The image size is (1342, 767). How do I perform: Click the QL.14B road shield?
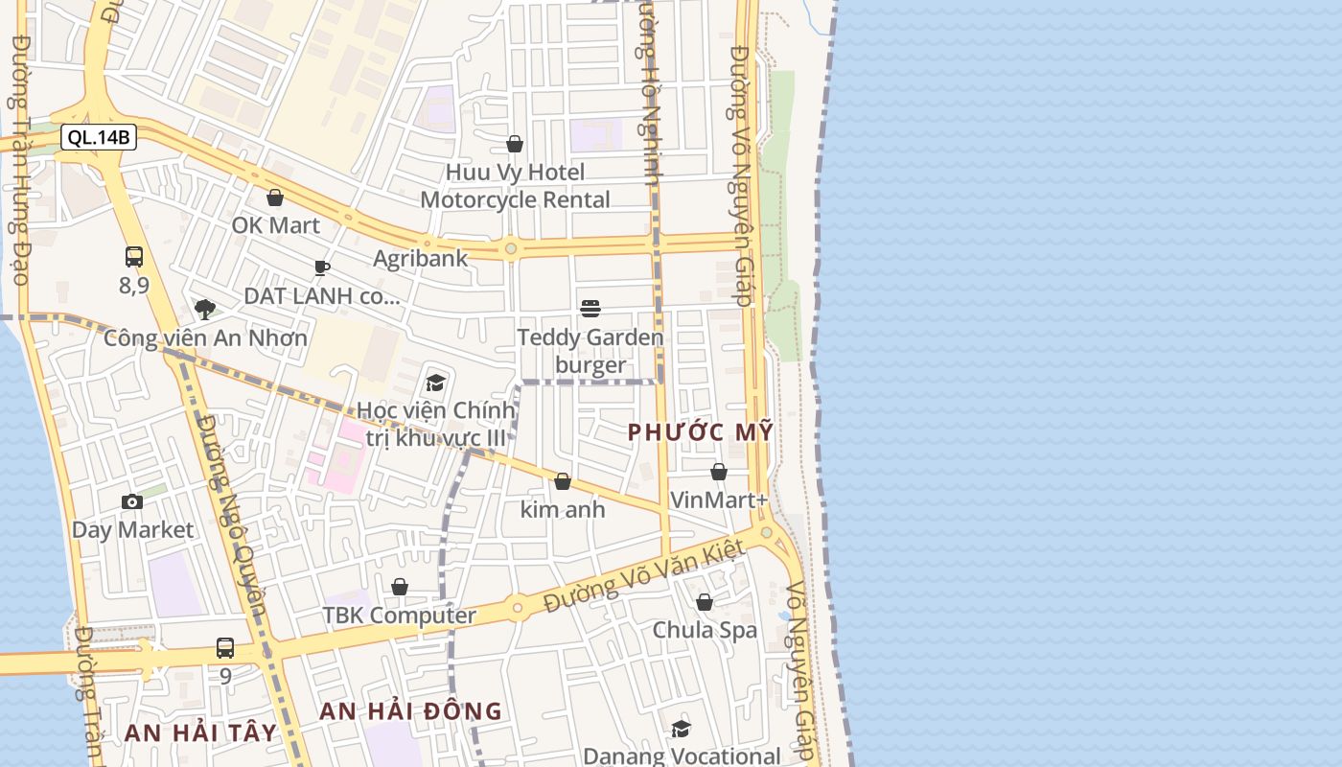tap(99, 137)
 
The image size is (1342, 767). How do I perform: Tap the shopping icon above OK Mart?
tap(275, 198)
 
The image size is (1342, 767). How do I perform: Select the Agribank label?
tap(420, 258)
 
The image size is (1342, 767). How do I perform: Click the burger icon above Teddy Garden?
tap(590, 309)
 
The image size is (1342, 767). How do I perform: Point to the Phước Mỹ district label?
tap(700, 432)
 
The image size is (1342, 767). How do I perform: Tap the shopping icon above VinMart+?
tap(719, 472)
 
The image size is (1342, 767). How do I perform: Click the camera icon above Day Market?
tap(132, 501)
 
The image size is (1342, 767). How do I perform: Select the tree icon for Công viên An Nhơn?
tap(204, 309)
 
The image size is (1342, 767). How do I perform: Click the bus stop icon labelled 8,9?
tap(134, 257)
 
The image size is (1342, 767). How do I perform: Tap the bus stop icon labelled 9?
tap(225, 648)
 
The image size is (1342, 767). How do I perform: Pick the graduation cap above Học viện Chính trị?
tap(436, 383)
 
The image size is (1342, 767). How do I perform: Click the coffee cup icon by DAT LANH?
tap(322, 267)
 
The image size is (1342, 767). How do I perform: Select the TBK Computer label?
tap(399, 616)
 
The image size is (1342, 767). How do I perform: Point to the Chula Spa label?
tap(705, 630)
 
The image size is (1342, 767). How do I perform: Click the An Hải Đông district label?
tap(410, 711)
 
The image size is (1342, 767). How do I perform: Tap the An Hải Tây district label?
tap(200, 733)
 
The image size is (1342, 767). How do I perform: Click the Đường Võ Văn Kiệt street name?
tap(644, 576)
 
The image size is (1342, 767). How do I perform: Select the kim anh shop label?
tap(563, 509)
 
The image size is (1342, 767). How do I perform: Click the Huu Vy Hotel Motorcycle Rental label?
tap(515, 186)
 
